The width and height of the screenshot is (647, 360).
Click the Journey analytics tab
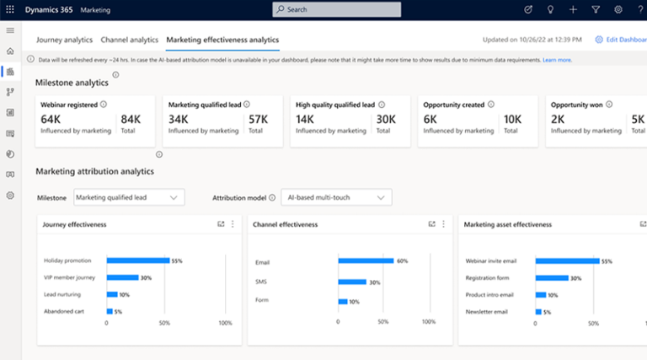(x=64, y=40)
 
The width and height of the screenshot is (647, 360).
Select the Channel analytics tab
(x=129, y=40)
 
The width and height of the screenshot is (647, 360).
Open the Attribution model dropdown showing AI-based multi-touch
(x=336, y=197)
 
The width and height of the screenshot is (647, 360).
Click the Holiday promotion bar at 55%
(x=137, y=261)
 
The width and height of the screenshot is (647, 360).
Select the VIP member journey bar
(x=122, y=277)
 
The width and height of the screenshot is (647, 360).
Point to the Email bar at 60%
(x=366, y=261)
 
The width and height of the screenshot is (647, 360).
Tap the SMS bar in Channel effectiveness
(x=352, y=282)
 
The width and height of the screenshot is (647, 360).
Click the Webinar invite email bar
(x=568, y=261)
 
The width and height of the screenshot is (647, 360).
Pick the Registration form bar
(x=552, y=277)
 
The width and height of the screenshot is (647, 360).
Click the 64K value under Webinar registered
(x=51, y=119)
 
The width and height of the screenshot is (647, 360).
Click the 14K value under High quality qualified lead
(x=305, y=119)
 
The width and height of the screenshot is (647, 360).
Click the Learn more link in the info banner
(x=557, y=61)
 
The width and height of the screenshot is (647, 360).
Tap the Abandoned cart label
(x=63, y=311)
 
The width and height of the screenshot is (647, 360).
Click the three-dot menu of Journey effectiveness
(x=233, y=224)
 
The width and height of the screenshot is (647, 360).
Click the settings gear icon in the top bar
(x=618, y=9)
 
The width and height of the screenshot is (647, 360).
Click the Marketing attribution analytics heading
(x=94, y=171)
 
